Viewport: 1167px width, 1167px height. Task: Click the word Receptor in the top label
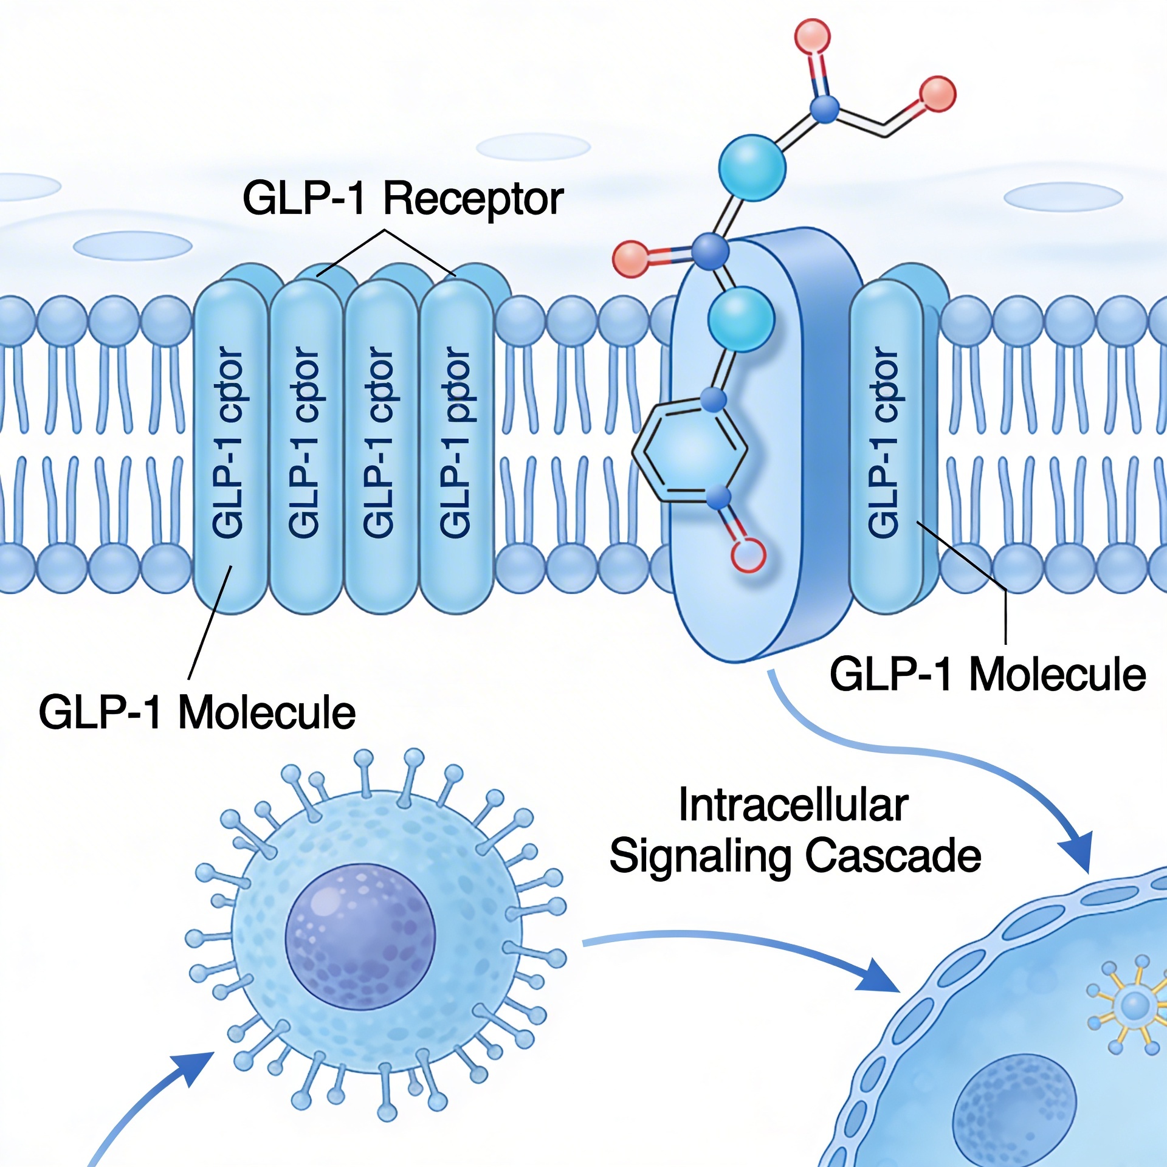click(x=473, y=199)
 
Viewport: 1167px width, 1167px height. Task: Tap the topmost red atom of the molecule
click(x=812, y=36)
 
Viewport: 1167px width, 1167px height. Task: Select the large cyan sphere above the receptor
click(x=752, y=167)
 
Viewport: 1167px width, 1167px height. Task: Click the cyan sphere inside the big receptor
click(x=741, y=319)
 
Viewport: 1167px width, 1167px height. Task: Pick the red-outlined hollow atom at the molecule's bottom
click(x=748, y=554)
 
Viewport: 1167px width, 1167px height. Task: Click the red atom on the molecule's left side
click(x=631, y=260)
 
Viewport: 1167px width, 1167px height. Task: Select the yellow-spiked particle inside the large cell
click(x=1134, y=1006)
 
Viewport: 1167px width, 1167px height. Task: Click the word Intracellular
click(x=793, y=805)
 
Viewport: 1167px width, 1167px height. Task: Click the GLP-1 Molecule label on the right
click(x=987, y=675)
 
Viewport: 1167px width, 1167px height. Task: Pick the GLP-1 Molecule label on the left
click(x=197, y=712)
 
